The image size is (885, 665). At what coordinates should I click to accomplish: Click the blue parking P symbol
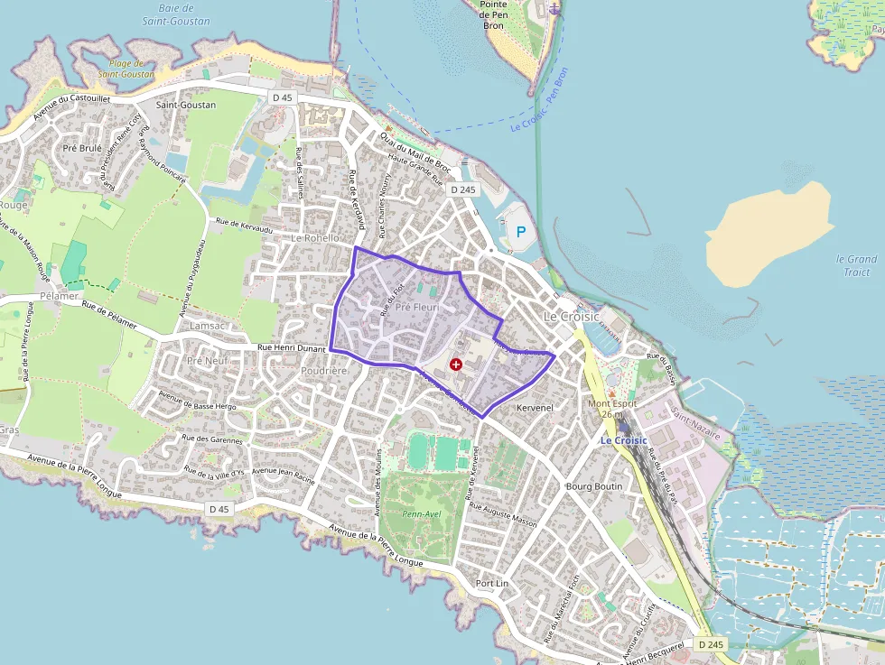pos(520,232)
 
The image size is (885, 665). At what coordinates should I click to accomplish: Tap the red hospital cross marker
pos(456,365)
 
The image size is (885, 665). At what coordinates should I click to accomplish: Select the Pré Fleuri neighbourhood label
pos(416,306)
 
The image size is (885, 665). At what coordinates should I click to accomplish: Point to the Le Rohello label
pos(316,238)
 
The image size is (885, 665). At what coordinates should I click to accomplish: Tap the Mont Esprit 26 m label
pos(612,409)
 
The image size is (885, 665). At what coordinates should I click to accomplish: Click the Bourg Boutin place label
pos(594,486)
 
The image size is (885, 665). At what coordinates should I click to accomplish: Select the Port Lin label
pos(493,582)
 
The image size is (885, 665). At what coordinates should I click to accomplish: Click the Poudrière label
pos(324,371)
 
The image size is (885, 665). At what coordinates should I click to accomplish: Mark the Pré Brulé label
pos(82,147)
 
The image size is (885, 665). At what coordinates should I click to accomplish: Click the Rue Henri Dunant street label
pos(291,346)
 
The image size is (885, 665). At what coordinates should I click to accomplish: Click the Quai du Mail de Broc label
pos(415,151)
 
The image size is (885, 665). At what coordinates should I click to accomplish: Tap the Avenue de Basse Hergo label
pos(197,401)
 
